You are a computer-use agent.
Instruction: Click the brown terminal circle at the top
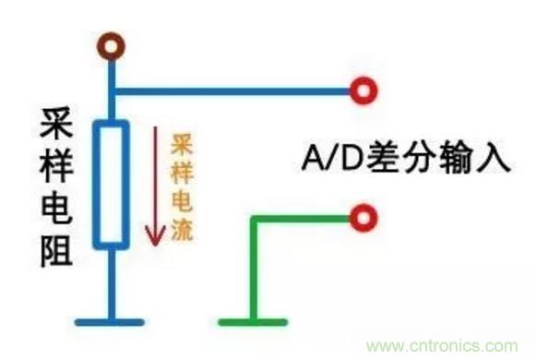pyautogui.click(x=113, y=43)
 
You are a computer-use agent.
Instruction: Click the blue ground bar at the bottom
pyautogui.click(x=111, y=321)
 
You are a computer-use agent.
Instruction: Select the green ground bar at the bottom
pyautogui.click(x=255, y=321)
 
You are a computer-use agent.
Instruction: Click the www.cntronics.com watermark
pyautogui.click(x=451, y=345)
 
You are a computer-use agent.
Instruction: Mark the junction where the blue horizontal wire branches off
pyautogui.click(x=113, y=90)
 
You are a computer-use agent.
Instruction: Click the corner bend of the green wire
pyautogui.click(x=255, y=219)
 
